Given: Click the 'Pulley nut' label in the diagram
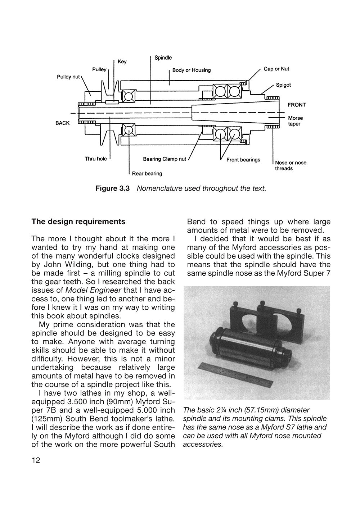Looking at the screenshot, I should pos(68,77).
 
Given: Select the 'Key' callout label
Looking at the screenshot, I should pos(122,62).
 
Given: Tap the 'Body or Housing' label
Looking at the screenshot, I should pos(191,70).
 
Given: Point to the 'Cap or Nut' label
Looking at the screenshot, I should pos(276,69).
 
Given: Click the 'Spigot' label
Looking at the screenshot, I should pos(283,85).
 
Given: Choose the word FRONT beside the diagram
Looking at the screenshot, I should pos(296,105).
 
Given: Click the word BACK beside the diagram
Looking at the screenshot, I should pos(63,123).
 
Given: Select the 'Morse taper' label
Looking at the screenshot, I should pos(295,121).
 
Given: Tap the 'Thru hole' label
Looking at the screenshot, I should pos(96,159).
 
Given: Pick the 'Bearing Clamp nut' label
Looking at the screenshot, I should pos(165,159).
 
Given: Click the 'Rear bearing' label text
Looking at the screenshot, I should pos(147,173).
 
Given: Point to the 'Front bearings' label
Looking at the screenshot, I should pos(243,160).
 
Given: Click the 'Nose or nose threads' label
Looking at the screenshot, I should pos(290,165).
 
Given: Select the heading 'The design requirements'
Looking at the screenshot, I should pos(78,222).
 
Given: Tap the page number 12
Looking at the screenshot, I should pos(36,461).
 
